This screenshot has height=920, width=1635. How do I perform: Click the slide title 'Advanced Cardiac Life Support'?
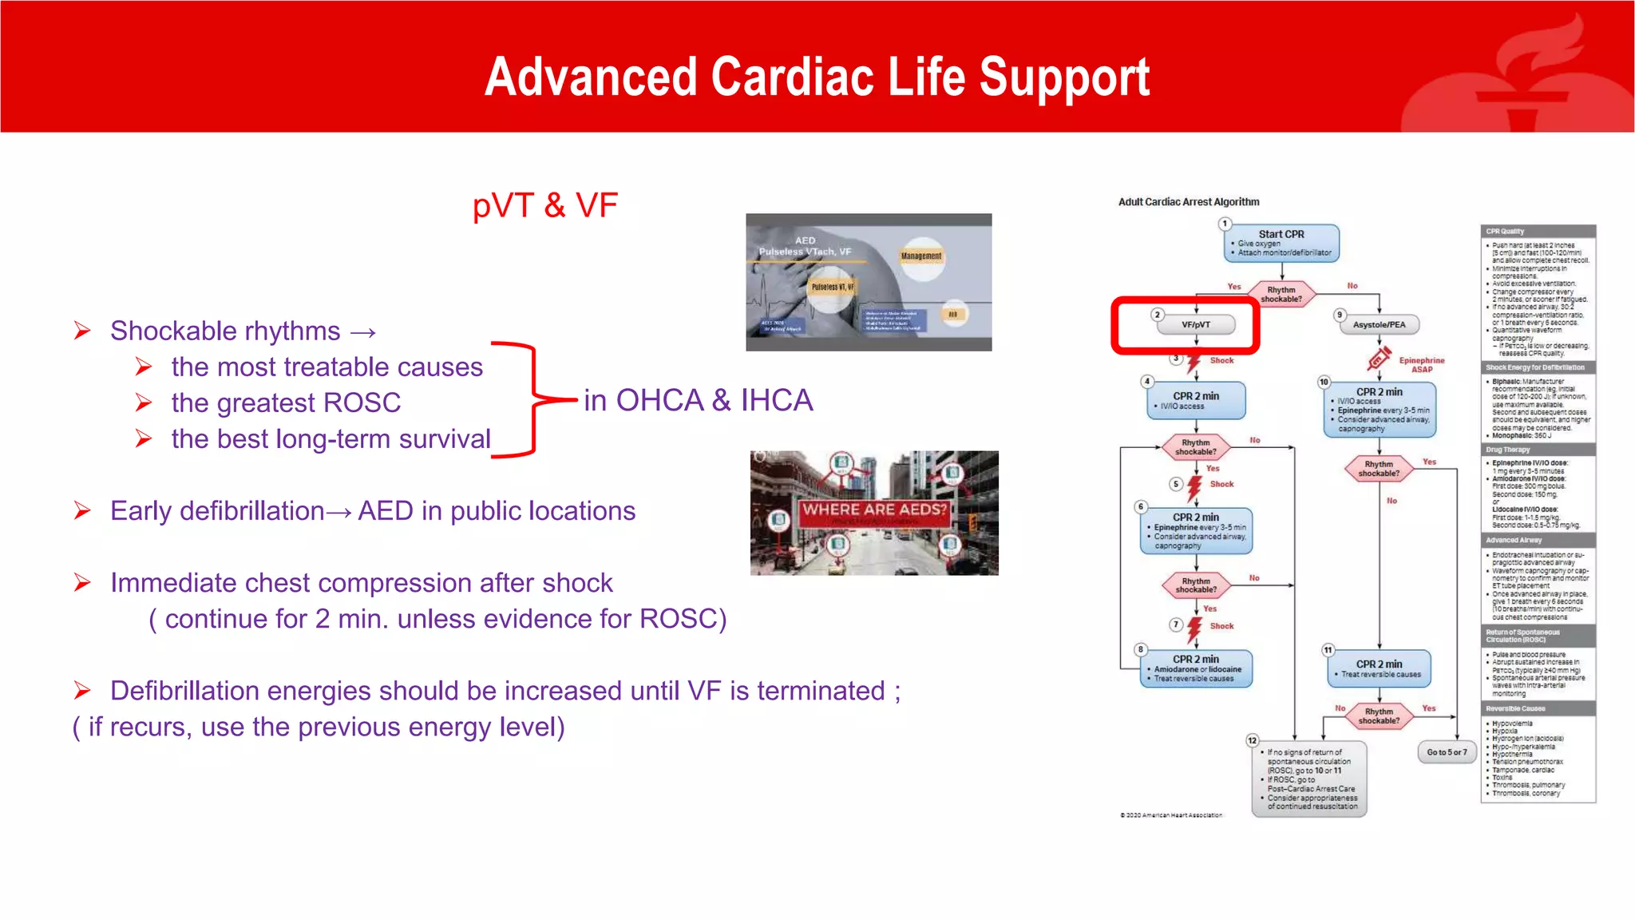[x=817, y=77]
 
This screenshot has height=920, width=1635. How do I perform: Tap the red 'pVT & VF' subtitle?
[x=544, y=205]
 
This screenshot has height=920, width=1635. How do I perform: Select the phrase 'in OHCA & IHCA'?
[x=698, y=400]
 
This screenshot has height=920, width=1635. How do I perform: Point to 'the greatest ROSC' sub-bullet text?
[x=286, y=402]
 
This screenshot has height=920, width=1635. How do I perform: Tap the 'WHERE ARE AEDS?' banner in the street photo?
[x=874, y=510]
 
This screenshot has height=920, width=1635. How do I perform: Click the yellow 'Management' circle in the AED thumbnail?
[x=921, y=256]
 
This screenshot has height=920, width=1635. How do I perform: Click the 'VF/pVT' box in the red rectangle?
[x=1196, y=325]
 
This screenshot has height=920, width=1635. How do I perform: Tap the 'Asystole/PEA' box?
[x=1379, y=325]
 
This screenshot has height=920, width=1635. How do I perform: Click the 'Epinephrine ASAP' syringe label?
[x=1420, y=364]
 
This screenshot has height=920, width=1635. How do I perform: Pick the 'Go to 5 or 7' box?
[x=1447, y=752]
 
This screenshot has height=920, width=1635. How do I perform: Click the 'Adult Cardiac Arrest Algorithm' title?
[x=1188, y=202]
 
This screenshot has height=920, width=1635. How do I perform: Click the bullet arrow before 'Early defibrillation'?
[x=82, y=510]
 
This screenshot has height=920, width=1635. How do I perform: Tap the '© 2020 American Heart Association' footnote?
[x=1170, y=815]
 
